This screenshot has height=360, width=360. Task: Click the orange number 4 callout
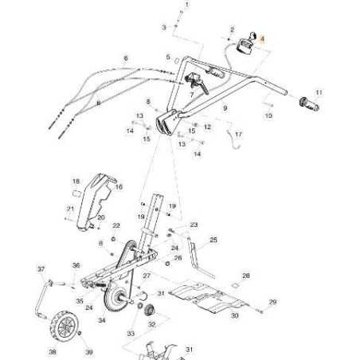(264, 37)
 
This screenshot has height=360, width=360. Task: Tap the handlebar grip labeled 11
(309, 104)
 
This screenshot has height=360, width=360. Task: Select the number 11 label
(319, 92)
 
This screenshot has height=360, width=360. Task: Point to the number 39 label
(89, 351)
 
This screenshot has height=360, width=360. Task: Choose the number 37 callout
(41, 270)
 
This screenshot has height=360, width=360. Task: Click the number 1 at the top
(188, 5)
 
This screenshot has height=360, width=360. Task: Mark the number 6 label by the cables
(125, 58)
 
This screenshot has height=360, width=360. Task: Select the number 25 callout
(213, 240)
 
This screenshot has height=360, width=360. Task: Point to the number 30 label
(235, 315)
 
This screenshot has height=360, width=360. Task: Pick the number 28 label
(246, 276)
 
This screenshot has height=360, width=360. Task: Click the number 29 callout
(272, 302)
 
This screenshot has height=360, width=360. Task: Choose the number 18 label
(76, 182)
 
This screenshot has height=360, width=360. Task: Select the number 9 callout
(225, 108)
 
